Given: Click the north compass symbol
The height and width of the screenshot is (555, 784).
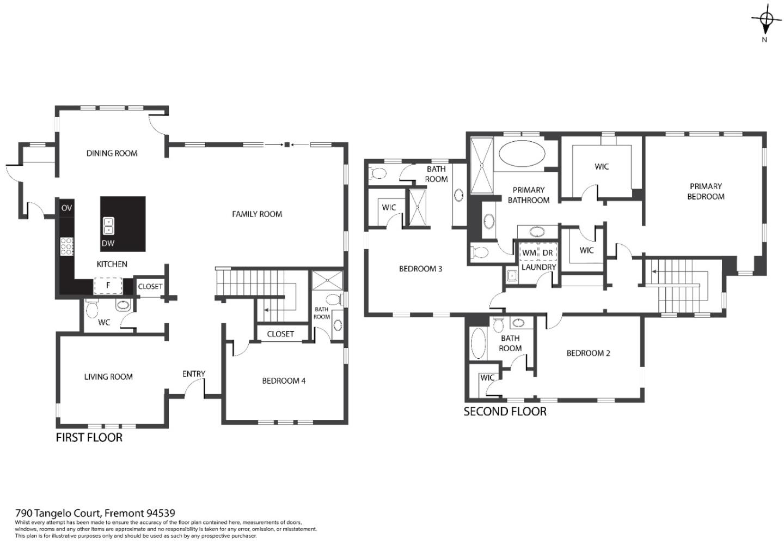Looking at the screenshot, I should pyautogui.click(x=765, y=20).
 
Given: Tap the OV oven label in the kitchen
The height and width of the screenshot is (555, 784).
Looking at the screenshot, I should pyautogui.click(x=66, y=208).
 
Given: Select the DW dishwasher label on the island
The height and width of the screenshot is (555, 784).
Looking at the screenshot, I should pyautogui.click(x=108, y=243).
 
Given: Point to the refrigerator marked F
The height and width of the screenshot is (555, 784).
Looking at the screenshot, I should pyautogui.click(x=108, y=285).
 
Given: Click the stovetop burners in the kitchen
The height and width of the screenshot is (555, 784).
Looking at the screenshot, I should pyautogui.click(x=67, y=246).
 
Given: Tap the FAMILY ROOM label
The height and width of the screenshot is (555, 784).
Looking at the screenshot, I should pyautogui.click(x=257, y=214).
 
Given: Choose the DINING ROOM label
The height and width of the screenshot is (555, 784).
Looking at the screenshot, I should pyautogui.click(x=112, y=153).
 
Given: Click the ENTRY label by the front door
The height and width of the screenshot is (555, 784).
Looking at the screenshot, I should pyautogui.click(x=194, y=373).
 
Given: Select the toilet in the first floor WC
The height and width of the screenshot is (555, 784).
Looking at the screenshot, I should pyautogui.click(x=91, y=310).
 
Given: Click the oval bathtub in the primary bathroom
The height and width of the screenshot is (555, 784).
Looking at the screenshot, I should pyautogui.click(x=522, y=154).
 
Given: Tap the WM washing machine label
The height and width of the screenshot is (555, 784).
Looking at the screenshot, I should pyautogui.click(x=529, y=253).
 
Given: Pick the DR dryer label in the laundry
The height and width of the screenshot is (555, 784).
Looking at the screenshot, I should pyautogui.click(x=547, y=253).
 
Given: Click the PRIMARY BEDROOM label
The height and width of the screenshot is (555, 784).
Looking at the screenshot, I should pyautogui.click(x=706, y=191).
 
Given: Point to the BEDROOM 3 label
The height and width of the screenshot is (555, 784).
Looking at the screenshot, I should pyautogui.click(x=420, y=269).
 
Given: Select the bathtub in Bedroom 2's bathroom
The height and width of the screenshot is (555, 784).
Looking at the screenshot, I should pyautogui.click(x=479, y=343).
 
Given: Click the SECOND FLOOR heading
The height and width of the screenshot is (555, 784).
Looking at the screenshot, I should pyautogui.click(x=505, y=412).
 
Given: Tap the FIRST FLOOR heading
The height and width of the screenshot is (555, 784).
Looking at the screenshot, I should pyautogui.click(x=89, y=437).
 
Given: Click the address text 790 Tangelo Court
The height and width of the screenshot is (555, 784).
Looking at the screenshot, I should pyautogui.click(x=95, y=513).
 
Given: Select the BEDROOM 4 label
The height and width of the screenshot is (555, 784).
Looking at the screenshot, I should pyautogui.click(x=284, y=381).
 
